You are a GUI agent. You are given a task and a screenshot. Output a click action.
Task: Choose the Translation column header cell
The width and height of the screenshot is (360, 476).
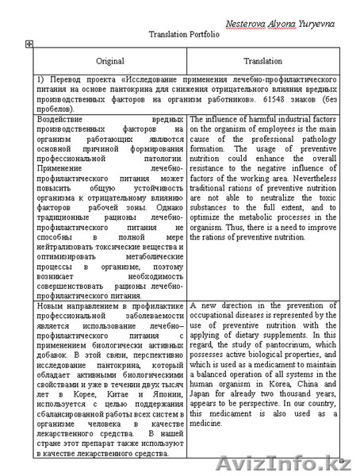coord(262,60)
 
